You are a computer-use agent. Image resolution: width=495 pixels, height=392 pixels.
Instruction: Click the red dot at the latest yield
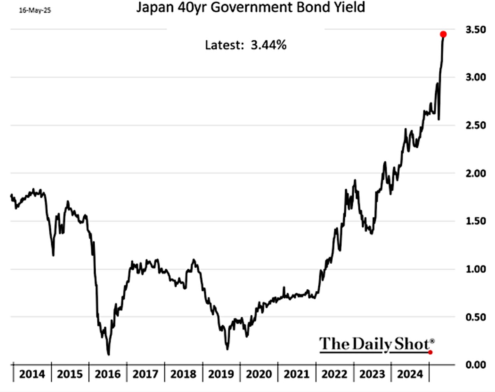coord(443,34)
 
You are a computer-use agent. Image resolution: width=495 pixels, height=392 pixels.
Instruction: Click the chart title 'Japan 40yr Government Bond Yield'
coord(250,7)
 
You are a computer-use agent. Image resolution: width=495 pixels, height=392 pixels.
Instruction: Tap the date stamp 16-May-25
coord(35,10)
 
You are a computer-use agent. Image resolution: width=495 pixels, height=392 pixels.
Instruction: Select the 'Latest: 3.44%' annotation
coord(246,45)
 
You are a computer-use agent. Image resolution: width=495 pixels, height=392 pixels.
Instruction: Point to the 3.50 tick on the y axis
coord(476,30)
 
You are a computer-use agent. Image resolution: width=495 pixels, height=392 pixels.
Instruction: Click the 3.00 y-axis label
coord(476,77)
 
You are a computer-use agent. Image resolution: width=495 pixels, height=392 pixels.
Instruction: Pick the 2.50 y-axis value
coord(476,125)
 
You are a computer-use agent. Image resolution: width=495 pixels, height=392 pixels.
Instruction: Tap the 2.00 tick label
coord(476,173)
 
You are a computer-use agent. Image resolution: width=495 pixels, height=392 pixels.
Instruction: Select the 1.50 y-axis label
coord(476,221)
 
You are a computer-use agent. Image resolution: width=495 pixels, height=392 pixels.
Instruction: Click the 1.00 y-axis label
coord(476,269)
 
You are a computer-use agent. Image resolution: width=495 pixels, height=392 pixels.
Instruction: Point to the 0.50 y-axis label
coord(476,317)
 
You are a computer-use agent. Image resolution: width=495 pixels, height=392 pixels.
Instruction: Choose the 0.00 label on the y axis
coord(476,365)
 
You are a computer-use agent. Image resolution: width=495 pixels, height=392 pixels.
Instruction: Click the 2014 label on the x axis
coord(32,374)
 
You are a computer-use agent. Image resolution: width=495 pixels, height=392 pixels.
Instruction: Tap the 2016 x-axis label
coord(107,374)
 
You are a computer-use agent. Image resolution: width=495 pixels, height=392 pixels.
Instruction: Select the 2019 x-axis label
coord(221,374)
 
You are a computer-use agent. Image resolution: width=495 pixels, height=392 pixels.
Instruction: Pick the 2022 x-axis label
coord(334,374)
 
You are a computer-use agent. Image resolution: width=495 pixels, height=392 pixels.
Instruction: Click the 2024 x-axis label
coord(410,374)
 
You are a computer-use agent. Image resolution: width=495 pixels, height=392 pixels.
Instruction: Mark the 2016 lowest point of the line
coord(108,354)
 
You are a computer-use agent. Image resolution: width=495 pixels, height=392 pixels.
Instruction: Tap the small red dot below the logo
coord(430,352)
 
